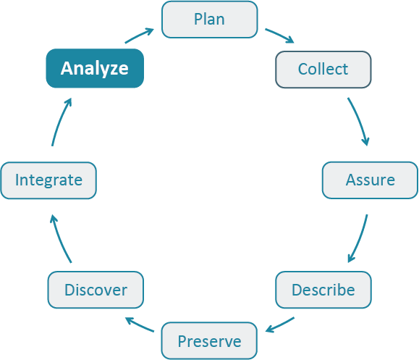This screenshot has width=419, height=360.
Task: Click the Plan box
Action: point(209,20)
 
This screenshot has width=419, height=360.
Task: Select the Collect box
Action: point(323,70)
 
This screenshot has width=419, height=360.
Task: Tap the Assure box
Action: point(370,180)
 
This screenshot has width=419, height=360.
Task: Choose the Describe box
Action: point(323,290)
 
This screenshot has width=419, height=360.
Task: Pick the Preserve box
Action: point(209,340)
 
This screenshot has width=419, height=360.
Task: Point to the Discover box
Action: point(96,290)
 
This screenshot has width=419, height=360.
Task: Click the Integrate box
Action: point(48,180)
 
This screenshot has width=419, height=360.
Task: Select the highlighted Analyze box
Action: point(95,69)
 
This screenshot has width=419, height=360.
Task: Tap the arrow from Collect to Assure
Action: point(360,120)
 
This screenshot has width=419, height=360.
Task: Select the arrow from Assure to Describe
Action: point(360,238)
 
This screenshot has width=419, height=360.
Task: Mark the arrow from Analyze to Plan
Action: point(139,35)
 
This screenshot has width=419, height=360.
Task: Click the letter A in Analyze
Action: point(67,69)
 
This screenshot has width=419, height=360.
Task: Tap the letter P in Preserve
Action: point(182,340)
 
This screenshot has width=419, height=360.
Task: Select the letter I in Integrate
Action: point(17,180)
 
